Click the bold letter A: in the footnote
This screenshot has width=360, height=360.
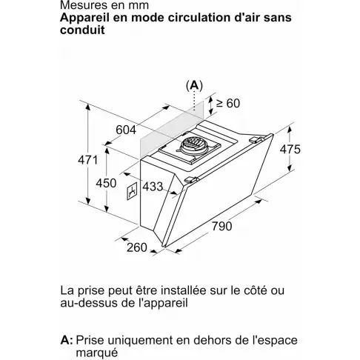tap(66, 340)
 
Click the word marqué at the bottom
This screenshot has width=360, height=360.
tap(99, 354)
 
